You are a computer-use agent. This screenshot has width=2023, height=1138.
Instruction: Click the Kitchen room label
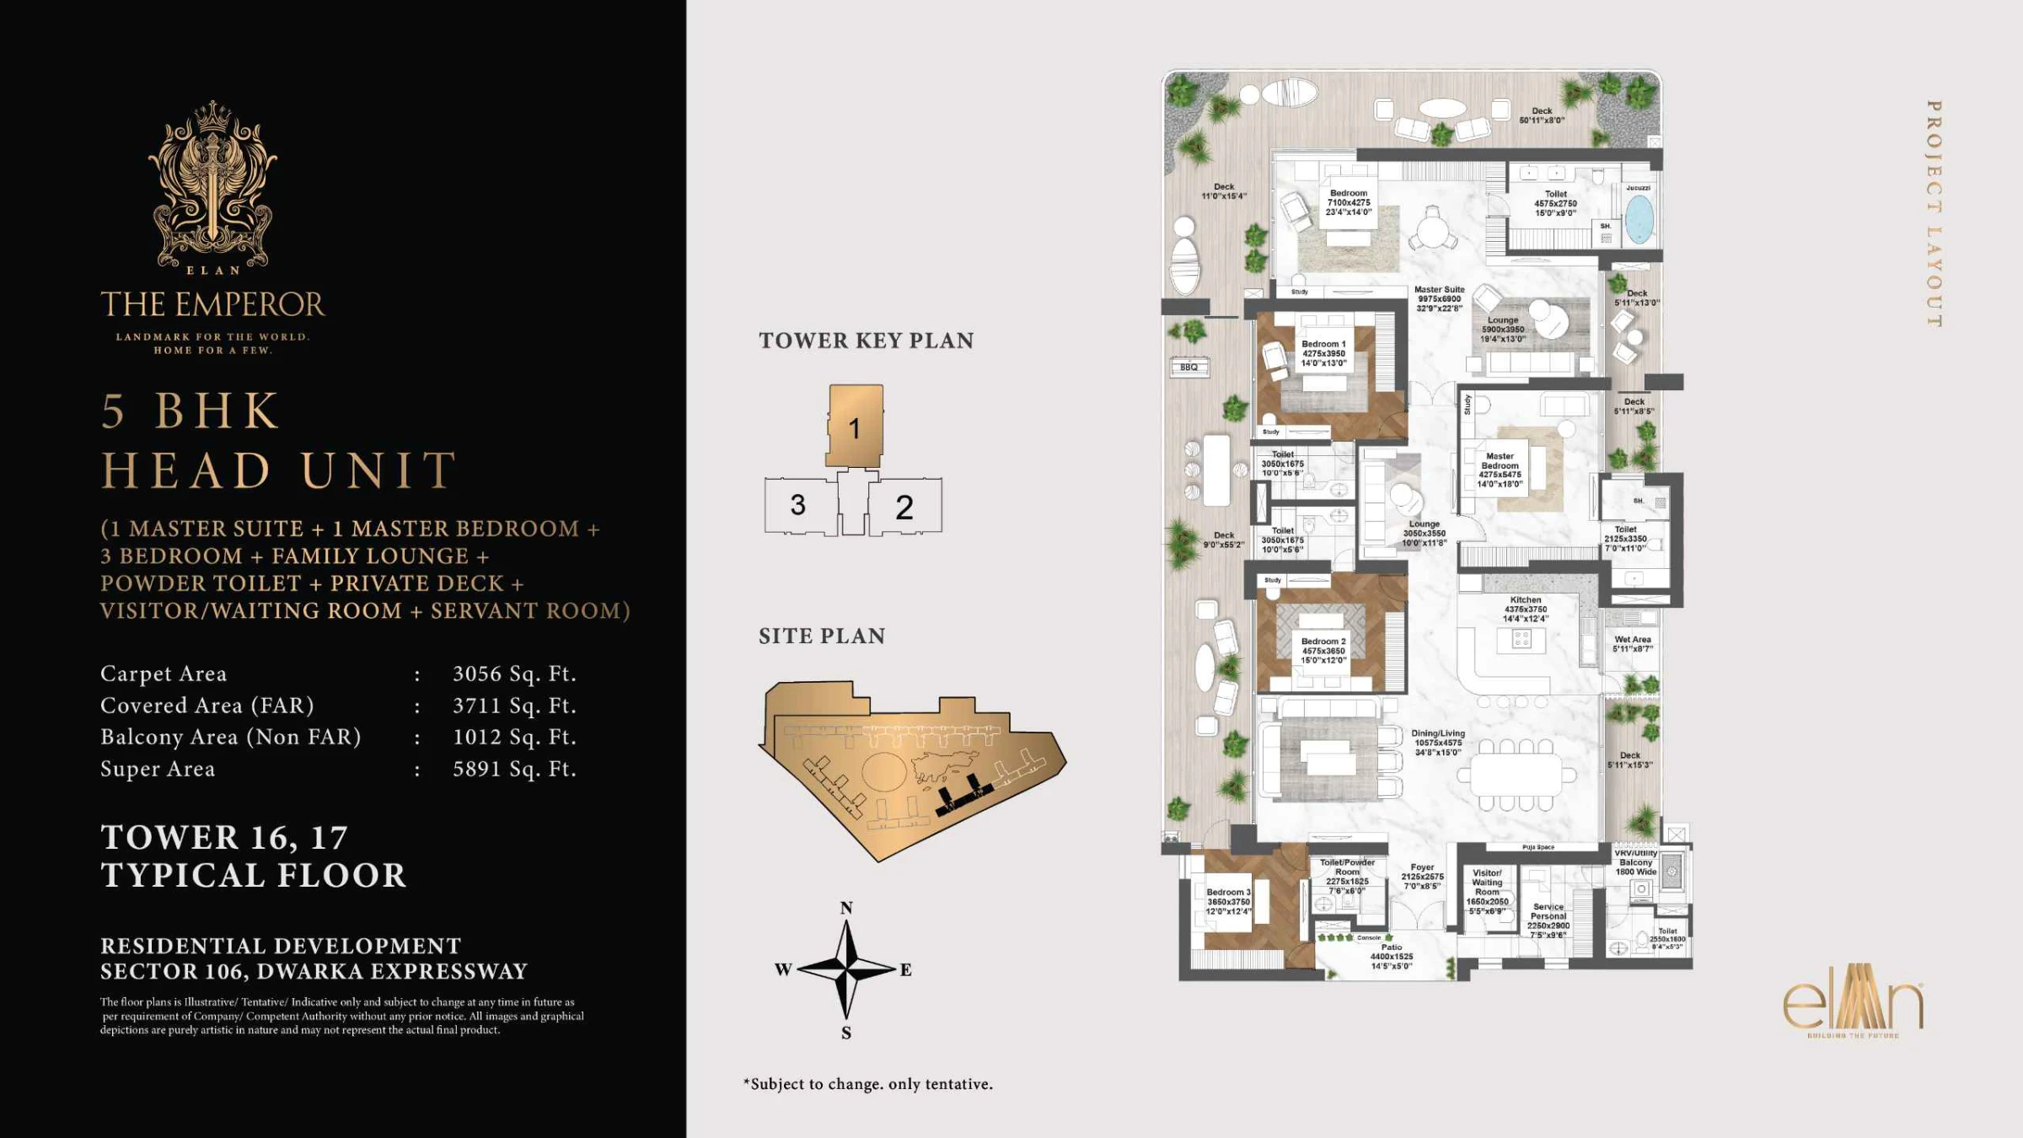click(x=1526, y=609)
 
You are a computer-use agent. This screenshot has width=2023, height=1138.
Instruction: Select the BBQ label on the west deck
click(x=1189, y=368)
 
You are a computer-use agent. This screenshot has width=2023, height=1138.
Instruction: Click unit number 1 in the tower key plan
click(x=854, y=428)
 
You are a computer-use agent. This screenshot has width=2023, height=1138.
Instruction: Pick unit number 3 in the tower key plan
click(x=797, y=505)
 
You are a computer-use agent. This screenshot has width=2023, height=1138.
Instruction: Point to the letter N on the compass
click(x=846, y=908)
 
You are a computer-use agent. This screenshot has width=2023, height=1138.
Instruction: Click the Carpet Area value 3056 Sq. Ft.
click(x=514, y=674)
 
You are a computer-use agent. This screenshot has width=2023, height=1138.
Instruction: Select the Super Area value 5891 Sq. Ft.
click(x=514, y=769)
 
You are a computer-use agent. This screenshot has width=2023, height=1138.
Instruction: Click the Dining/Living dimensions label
click(x=1438, y=743)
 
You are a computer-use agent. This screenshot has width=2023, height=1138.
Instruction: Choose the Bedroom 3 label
click(x=1228, y=901)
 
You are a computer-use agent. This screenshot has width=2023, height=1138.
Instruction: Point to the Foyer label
click(x=1422, y=876)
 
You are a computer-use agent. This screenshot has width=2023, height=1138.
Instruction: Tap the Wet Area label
click(x=1633, y=644)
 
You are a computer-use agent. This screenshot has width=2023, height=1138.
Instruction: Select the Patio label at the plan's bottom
click(x=1391, y=956)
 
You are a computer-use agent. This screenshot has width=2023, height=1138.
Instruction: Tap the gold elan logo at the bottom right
click(x=1853, y=1008)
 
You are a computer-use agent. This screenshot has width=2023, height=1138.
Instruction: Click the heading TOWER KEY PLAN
click(x=866, y=341)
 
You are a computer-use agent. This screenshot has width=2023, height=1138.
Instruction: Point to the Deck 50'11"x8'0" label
click(x=1542, y=115)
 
